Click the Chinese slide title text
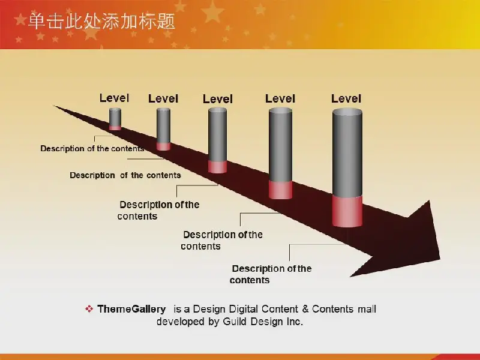coord(101,22)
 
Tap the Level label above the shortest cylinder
coord(114,98)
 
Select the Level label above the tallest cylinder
coord(346,98)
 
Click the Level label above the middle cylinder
coord(218,99)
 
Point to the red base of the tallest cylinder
coord(347,211)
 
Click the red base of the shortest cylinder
coord(115,128)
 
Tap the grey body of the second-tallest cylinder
coord(280,145)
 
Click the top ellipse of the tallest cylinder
coord(347,112)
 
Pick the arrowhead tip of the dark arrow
coord(440,259)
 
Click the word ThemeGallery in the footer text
coord(131,309)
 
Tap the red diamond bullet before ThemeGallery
coord(89,308)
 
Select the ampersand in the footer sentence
coord(305,309)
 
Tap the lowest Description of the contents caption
coord(271,274)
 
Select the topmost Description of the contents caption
coord(92,148)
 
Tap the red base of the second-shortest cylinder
coord(163,146)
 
